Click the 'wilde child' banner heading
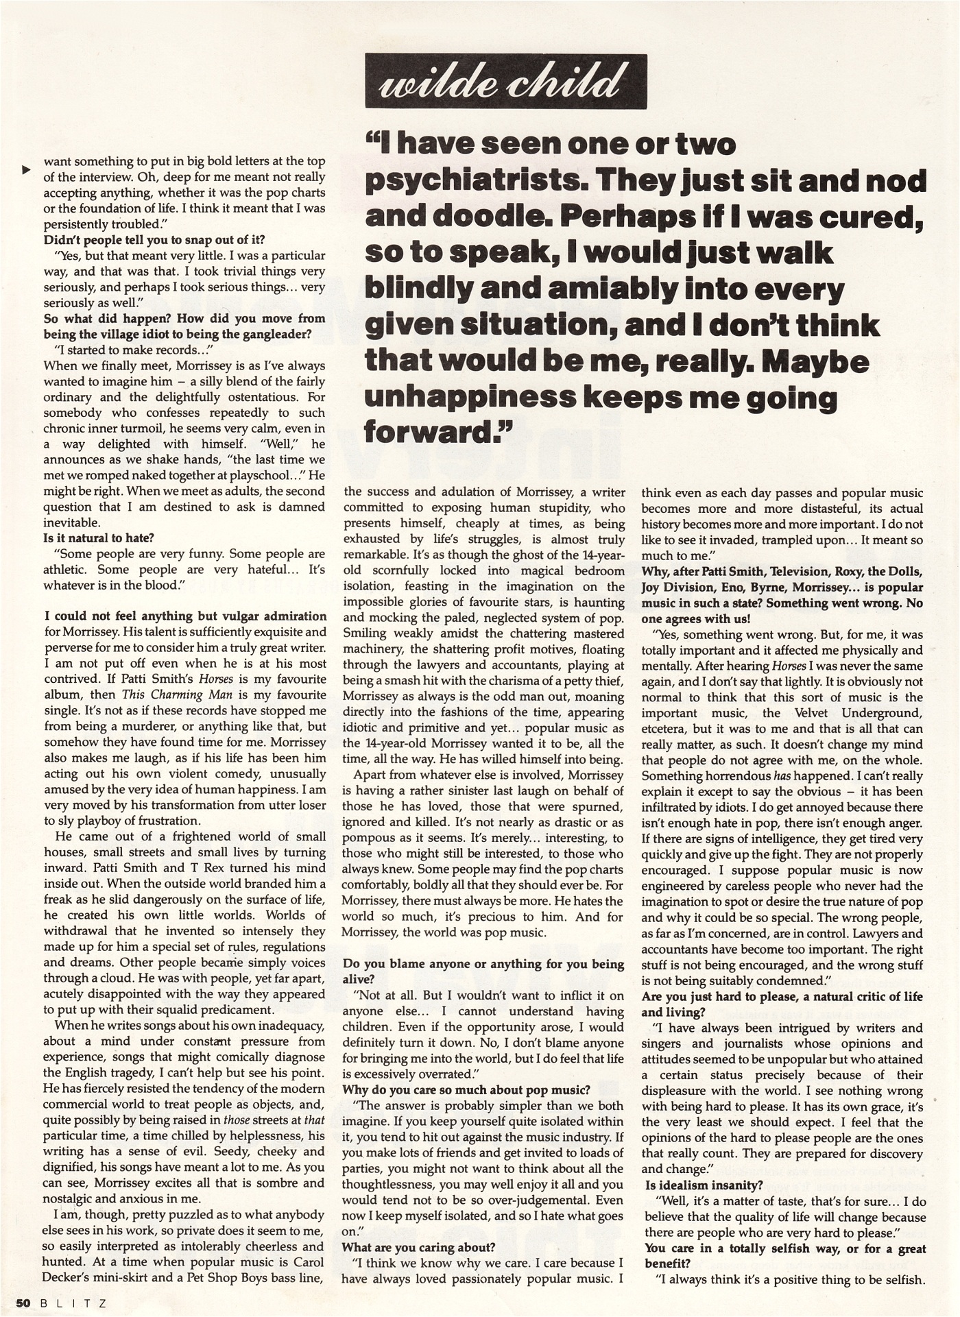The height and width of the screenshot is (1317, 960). (505, 82)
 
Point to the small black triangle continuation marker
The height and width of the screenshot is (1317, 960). (26, 169)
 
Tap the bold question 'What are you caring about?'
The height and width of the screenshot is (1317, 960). (418, 1247)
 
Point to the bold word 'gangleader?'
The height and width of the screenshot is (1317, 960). (274, 335)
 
